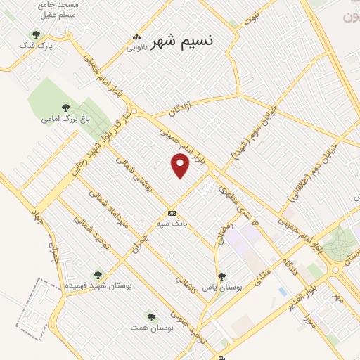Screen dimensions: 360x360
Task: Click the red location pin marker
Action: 181,165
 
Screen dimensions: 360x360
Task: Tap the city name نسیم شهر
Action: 181,41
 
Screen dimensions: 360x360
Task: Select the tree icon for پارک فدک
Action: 36,34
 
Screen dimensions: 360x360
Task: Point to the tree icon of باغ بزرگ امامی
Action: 65,108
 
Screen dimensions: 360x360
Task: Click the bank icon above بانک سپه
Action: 172,213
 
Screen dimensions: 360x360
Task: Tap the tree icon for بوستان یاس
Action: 221,276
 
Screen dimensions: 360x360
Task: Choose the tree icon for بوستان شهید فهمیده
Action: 98,275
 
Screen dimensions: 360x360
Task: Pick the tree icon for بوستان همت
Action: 150,316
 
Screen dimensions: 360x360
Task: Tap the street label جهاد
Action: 37,219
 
